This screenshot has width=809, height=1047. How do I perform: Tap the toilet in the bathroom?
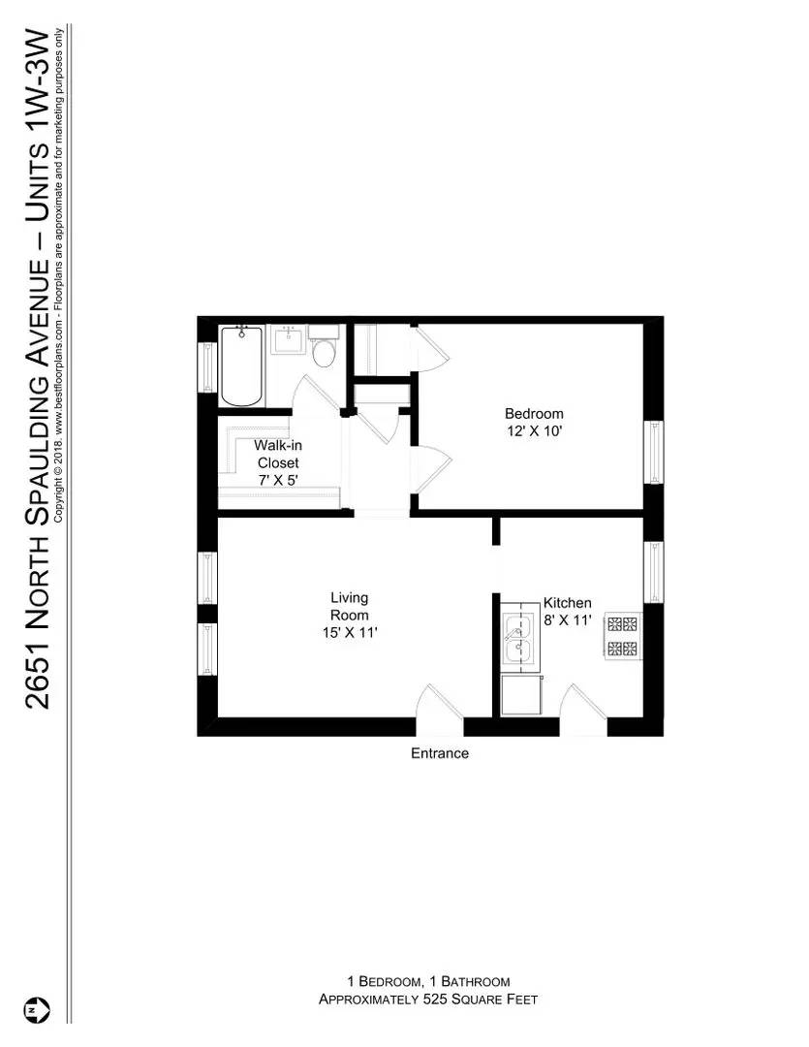click(x=324, y=351)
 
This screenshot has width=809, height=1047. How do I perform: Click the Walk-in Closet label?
click(x=277, y=455)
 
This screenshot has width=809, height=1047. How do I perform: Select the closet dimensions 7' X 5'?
click(x=277, y=480)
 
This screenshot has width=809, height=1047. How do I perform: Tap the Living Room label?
click(x=349, y=607)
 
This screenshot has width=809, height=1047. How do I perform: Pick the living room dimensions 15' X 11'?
click(x=349, y=633)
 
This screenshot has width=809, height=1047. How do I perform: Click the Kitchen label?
click(x=567, y=602)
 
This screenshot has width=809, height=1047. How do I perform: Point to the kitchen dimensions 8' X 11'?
click(x=567, y=621)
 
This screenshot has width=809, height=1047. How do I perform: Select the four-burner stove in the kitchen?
click(x=623, y=636)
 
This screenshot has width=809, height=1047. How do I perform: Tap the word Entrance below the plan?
click(x=440, y=753)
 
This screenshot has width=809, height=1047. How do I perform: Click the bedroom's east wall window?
click(x=654, y=453)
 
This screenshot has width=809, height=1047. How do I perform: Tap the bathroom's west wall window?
click(x=207, y=367)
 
